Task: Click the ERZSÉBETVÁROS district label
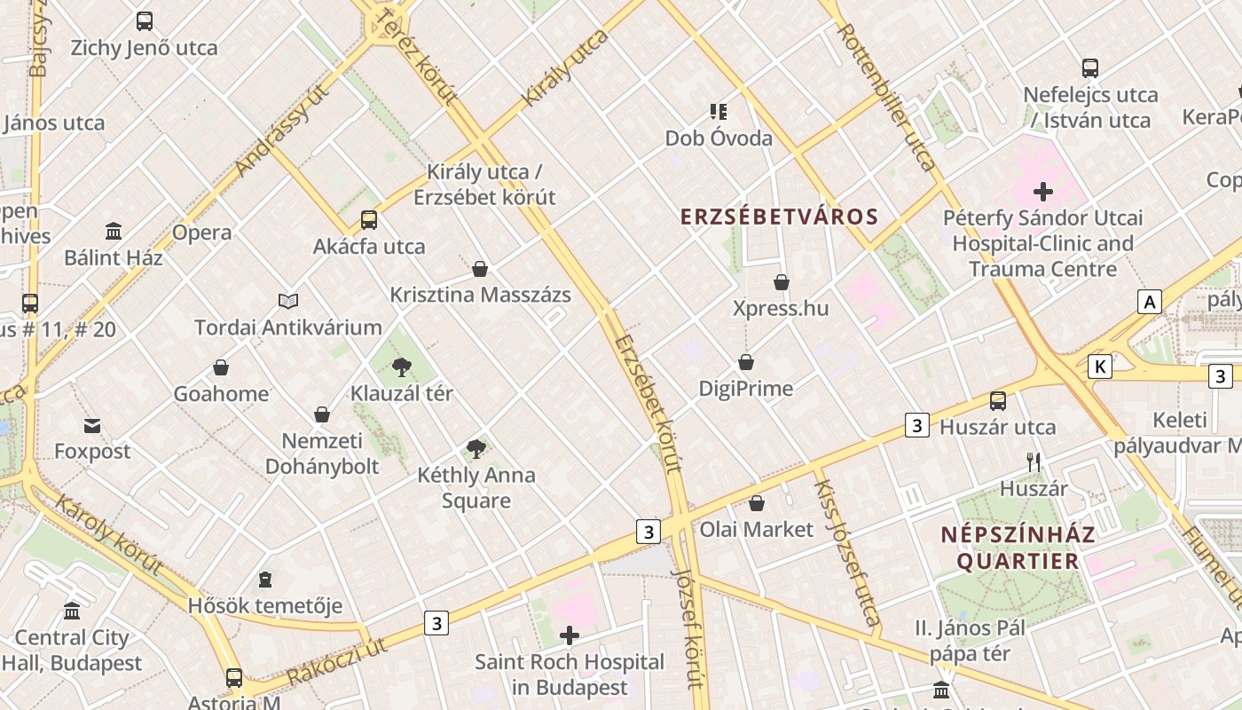click(779, 217)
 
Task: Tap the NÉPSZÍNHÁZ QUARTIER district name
click(1018, 548)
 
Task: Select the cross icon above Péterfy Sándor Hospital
click(1042, 191)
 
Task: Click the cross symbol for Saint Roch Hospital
click(570, 635)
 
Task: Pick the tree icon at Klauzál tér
click(402, 367)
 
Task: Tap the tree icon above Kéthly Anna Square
click(476, 448)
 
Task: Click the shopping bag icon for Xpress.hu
click(781, 282)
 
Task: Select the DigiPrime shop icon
click(746, 362)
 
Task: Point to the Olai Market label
click(756, 530)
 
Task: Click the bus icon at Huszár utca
click(998, 401)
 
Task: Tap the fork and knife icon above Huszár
click(1034, 461)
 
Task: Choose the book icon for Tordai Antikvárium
click(288, 301)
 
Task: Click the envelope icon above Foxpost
click(92, 425)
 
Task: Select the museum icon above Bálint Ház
click(114, 232)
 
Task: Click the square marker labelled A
click(1150, 302)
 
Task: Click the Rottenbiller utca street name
click(886, 97)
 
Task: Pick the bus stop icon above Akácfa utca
click(368, 220)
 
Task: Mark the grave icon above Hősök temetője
click(264, 580)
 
